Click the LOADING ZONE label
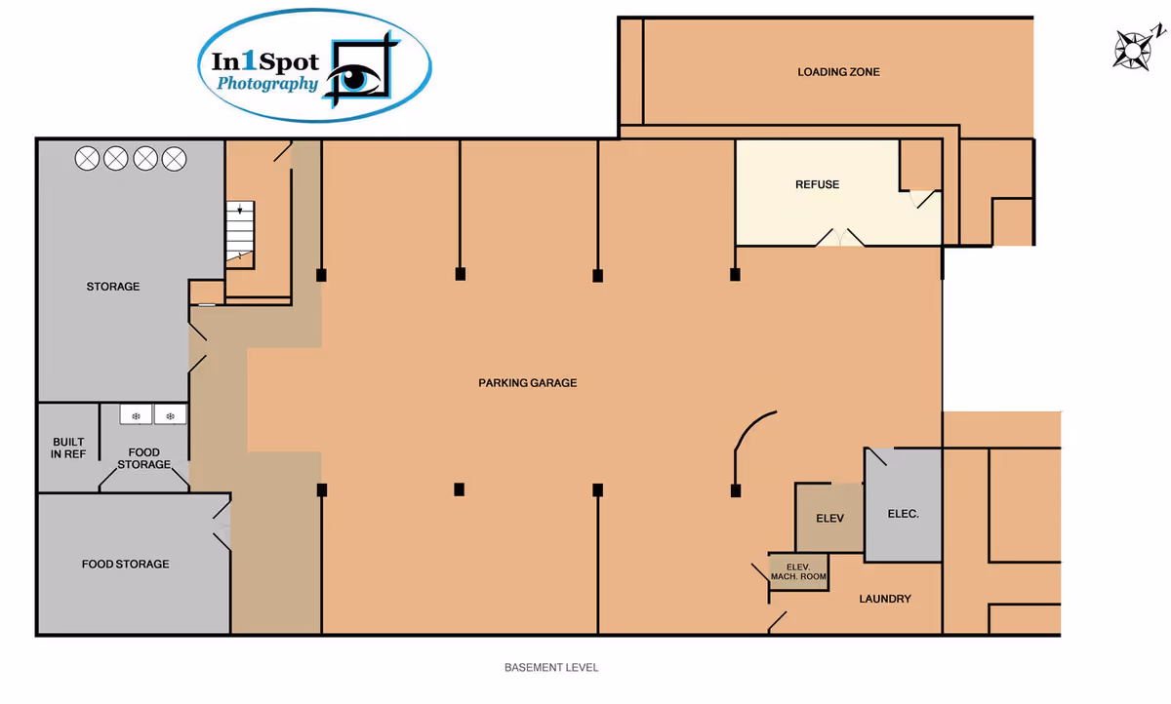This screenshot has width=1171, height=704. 838,72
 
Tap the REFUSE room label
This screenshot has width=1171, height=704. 817,184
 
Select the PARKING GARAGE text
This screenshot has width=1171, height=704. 528,383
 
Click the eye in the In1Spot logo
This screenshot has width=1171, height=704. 355,77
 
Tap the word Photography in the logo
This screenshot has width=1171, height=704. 267,84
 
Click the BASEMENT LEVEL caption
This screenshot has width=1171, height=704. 551,668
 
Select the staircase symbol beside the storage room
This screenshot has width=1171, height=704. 240,234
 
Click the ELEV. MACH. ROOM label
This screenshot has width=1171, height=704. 798,571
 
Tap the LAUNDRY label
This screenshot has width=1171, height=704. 885,599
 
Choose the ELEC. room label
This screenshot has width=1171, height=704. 903,514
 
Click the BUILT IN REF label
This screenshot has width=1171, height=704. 68,449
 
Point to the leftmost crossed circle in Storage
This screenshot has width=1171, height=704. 87,159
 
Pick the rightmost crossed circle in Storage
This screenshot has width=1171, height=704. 174,159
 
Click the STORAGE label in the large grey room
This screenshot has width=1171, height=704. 113,287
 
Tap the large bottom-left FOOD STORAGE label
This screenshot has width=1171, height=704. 126,564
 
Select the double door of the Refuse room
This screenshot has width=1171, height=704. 840,237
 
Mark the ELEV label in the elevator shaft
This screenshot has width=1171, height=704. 829,518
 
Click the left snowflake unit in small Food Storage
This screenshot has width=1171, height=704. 136,415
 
